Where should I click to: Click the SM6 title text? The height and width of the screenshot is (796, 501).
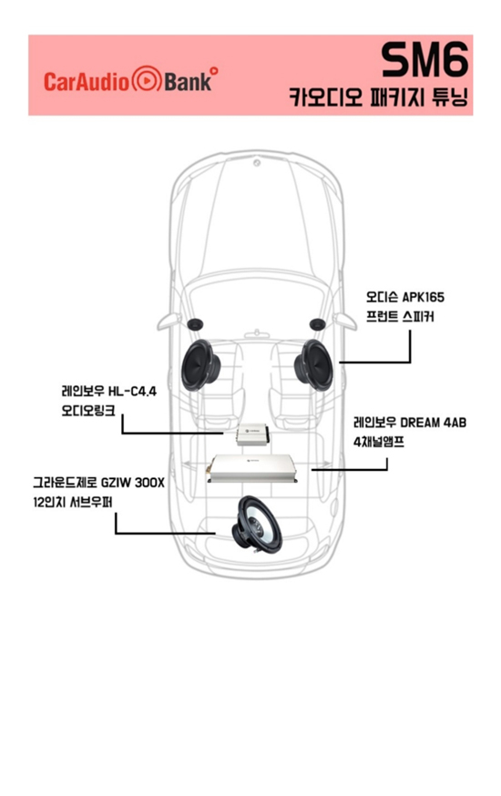click(424, 59)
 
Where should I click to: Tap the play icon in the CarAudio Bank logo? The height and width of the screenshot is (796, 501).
click(147, 80)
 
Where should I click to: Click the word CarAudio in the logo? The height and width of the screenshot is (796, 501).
click(87, 82)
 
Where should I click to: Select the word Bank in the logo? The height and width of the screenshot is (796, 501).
click(188, 82)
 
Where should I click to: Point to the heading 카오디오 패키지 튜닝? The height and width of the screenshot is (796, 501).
click(378, 97)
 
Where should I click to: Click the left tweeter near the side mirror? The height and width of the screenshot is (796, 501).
click(196, 324)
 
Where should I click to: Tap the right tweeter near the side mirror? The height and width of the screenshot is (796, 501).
click(317, 324)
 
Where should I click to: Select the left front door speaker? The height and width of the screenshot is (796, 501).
click(201, 365)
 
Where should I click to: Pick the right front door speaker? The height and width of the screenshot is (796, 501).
click(313, 365)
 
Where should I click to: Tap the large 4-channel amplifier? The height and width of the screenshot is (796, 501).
click(251, 469)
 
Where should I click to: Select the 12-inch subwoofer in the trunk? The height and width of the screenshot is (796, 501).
click(257, 524)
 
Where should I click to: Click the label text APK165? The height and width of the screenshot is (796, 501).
click(424, 297)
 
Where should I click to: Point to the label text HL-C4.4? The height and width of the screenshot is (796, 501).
click(132, 391)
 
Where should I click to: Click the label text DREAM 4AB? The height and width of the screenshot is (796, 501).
click(433, 423)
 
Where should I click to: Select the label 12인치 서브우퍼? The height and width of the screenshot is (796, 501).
click(73, 502)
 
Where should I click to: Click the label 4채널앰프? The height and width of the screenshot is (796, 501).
click(379, 442)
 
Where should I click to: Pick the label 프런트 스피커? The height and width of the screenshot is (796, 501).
click(400, 317)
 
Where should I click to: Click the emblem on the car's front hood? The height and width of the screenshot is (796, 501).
click(257, 163)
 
